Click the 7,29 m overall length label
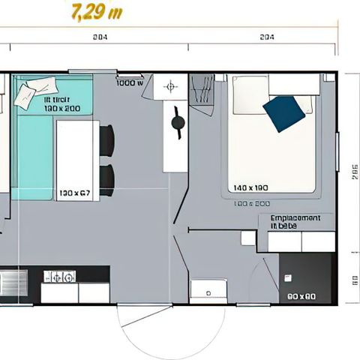(x=95, y=12)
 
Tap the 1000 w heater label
(x=130, y=82)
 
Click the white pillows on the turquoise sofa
(x=28, y=94)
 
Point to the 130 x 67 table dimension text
(x=75, y=193)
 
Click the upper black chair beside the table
(x=107, y=141)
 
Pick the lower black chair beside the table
(x=107, y=179)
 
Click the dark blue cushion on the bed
(x=284, y=112)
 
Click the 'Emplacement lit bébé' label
(x=295, y=221)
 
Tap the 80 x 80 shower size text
(x=301, y=296)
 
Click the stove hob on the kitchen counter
(x=59, y=277)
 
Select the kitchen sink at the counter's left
(x=12, y=283)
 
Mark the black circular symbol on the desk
(x=178, y=123)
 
